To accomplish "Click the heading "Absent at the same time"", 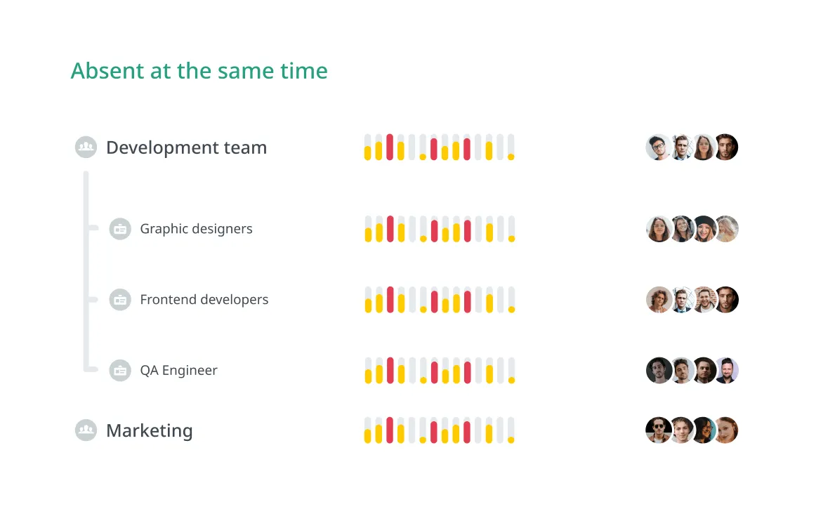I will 199,71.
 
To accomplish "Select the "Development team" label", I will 186,147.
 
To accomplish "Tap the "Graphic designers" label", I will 196,229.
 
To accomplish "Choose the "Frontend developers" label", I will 204,300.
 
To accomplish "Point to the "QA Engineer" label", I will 178,371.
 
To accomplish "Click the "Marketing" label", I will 149,430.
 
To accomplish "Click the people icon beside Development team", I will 86,147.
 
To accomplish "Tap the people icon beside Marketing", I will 86,430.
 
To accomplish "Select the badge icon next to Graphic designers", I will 120,229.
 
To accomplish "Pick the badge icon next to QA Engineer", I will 120,371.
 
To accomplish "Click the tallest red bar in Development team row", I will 390,147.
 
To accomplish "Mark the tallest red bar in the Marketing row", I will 390,430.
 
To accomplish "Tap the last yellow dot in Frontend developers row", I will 511,310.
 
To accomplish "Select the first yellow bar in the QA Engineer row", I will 368,376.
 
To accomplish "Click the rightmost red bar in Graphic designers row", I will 467,231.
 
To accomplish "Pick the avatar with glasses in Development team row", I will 657,147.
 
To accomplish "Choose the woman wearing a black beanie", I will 704,229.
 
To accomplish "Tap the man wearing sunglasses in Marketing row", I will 657,430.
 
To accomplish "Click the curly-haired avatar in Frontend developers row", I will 658,300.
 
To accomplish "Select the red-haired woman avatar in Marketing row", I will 727,430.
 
